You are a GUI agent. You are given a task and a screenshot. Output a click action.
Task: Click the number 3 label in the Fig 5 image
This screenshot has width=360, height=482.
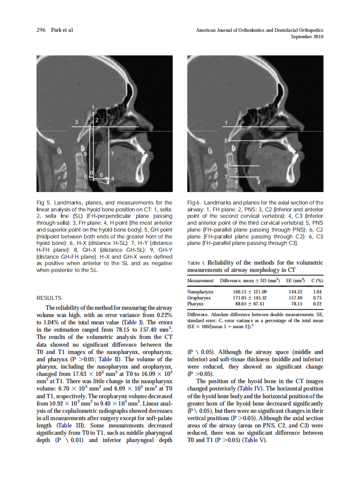pos(77,122)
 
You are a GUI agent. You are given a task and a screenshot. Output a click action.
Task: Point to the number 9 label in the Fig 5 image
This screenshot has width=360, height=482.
pos(85,153)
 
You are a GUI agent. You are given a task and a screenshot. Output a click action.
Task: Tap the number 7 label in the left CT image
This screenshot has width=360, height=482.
pos(113,153)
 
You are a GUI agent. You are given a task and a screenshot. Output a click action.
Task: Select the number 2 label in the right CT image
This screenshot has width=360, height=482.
pos(260,146)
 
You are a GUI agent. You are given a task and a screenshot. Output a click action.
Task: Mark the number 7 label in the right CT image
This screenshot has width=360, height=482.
pos(226,177)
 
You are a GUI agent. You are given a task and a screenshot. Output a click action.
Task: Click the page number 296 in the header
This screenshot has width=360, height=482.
pos(42,30)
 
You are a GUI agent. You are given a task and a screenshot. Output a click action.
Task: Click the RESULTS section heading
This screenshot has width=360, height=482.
pos(49,298)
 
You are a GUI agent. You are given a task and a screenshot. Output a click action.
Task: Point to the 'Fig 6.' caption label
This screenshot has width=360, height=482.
pos(195,202)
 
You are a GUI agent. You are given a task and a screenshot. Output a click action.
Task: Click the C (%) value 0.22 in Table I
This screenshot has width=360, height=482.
pos(318,304)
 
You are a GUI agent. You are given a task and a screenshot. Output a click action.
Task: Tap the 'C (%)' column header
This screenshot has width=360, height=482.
pos(317,281)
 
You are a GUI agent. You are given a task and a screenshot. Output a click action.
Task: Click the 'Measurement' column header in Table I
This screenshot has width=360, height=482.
pos(201,281)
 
